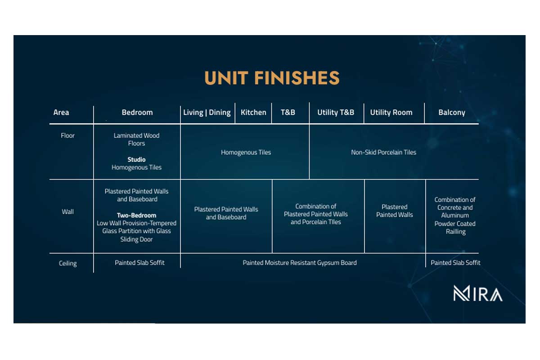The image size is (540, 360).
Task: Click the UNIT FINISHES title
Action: tap(272, 78)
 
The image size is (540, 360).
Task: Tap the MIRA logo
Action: tap(478, 293)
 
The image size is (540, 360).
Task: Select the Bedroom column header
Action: tap(137, 112)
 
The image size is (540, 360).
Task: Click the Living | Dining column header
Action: tap(207, 112)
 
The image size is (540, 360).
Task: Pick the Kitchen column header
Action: tap(253, 112)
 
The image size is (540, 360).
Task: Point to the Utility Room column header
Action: tap(391, 112)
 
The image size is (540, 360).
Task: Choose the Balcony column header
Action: tap(452, 112)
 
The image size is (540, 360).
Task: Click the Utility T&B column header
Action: tap(336, 112)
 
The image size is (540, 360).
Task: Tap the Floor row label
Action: tap(68, 135)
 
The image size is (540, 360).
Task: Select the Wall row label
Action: tap(68, 211)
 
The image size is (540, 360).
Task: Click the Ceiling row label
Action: tap(68, 263)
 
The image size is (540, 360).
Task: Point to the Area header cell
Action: tap(61, 112)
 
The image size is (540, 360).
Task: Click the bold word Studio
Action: tap(136, 159)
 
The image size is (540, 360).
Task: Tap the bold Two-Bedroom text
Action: tap(136, 215)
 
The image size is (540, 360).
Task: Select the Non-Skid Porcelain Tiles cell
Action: tap(383, 152)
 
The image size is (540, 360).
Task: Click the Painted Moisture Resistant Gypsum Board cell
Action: tap(299, 263)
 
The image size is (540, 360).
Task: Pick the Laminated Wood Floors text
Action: tap(136, 139)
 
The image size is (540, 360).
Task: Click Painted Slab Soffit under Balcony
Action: tap(455, 263)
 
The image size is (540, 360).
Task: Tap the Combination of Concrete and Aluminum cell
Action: tap(455, 216)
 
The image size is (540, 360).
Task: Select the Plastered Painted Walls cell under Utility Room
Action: tap(395, 211)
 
